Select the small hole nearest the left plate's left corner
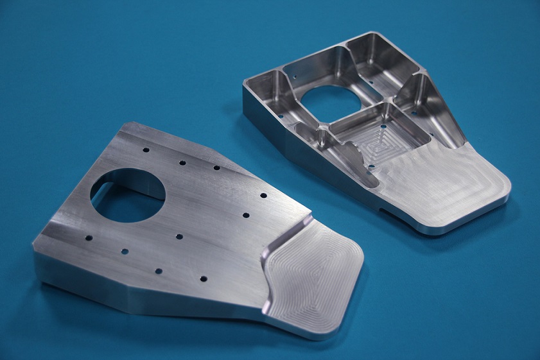click(89, 238)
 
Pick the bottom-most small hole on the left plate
click(203, 279)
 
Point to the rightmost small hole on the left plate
click(263, 195)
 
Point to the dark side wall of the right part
click(283, 138)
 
